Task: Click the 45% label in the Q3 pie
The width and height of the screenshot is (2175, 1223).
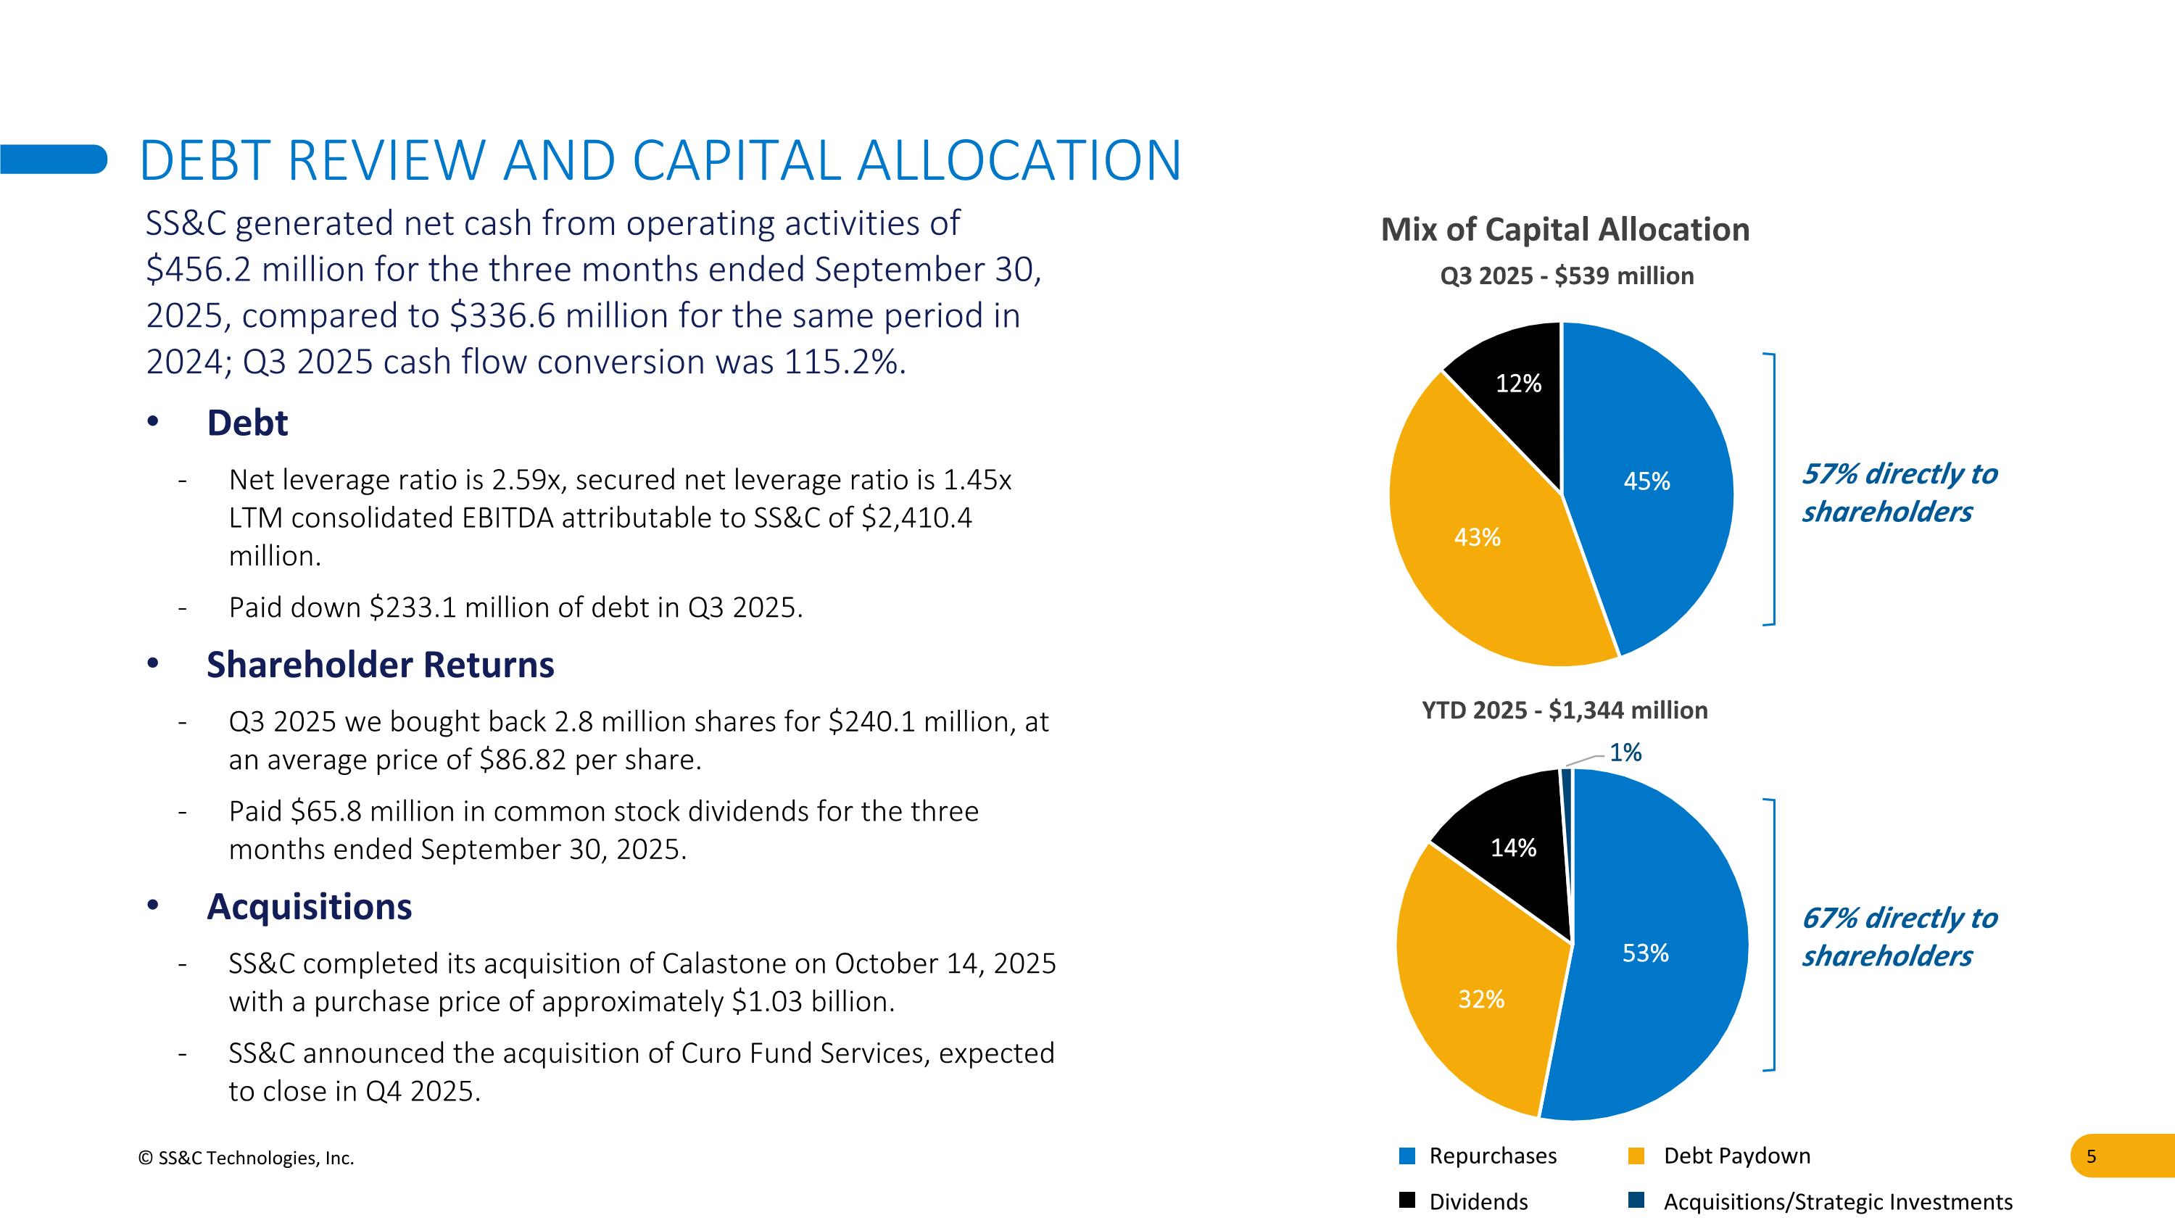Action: coord(1646,481)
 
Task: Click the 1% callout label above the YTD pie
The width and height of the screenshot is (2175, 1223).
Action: coord(1625,753)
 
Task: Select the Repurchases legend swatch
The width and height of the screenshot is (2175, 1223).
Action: coord(1406,1156)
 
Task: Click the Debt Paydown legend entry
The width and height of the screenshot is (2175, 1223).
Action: coord(1736,1156)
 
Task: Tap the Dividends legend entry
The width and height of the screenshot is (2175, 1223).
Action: coord(1478,1202)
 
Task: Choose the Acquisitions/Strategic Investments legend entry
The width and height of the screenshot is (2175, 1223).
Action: coord(1837,1202)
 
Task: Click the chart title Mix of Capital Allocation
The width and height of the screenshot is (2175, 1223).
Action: coord(1565,230)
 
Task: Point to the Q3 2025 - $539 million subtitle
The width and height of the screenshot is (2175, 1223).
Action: coord(1566,276)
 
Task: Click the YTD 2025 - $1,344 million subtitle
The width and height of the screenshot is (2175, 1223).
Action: coord(1565,710)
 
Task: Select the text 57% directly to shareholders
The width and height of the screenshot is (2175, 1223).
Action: coord(1899,493)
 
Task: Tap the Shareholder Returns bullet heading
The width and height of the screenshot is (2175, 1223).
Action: coord(380,665)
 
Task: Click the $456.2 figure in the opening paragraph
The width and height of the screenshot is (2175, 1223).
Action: coord(199,270)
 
